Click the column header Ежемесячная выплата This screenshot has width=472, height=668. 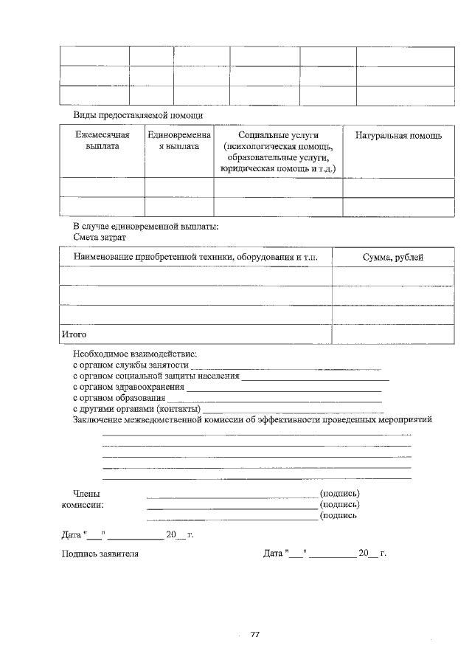click(x=102, y=141)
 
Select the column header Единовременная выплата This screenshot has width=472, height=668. click(x=178, y=141)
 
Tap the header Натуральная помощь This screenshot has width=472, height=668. click(x=398, y=136)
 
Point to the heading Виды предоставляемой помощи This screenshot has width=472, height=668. click(x=138, y=116)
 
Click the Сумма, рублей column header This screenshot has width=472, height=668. click(x=392, y=256)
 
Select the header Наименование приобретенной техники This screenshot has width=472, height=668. click(x=195, y=256)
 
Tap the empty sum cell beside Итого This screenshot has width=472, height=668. click(x=392, y=334)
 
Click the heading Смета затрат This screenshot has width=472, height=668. click(x=100, y=238)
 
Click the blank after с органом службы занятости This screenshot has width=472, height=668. click(x=285, y=365)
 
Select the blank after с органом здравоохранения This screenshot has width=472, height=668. click(x=284, y=387)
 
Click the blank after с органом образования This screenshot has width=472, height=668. click(x=274, y=398)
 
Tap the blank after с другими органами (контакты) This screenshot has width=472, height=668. click(x=293, y=409)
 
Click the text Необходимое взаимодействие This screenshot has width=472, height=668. click(x=135, y=354)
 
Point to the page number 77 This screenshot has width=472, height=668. click(x=256, y=634)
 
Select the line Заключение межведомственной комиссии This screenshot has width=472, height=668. click(x=252, y=420)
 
